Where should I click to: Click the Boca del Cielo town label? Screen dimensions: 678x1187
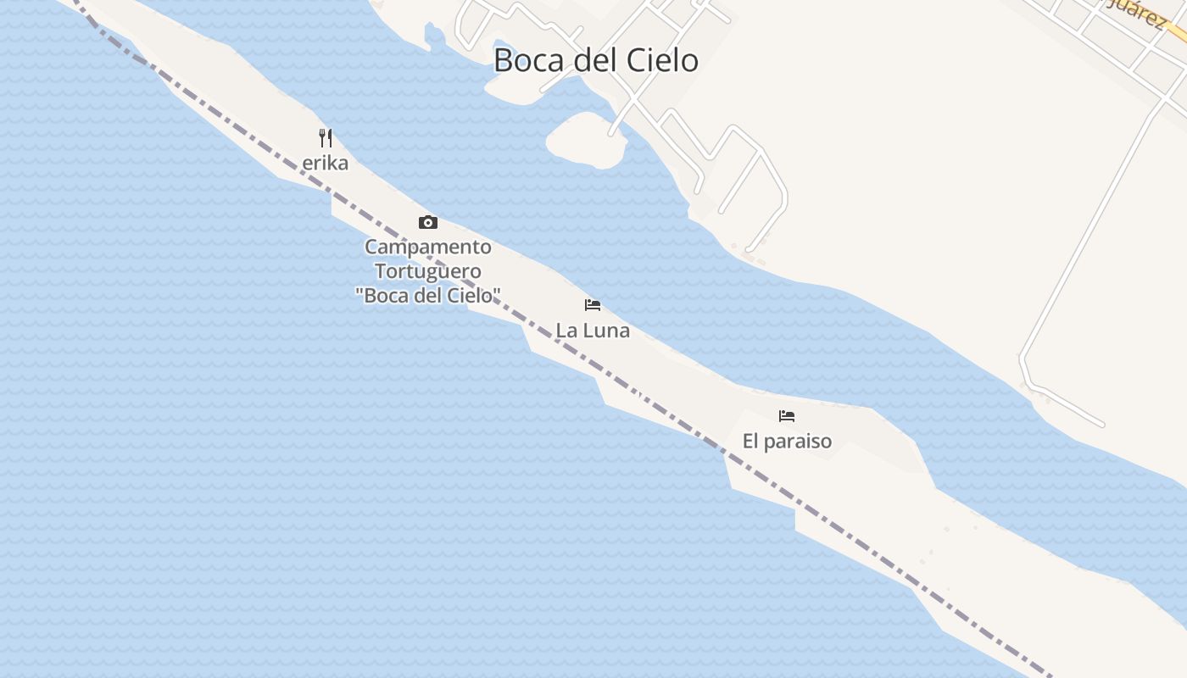596,60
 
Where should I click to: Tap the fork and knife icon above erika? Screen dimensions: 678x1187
326,137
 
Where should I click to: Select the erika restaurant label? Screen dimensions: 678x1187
326,163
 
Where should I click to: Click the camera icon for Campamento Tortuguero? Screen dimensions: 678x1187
428,223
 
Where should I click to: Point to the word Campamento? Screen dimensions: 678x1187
428,247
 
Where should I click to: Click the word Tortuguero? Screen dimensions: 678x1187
428,271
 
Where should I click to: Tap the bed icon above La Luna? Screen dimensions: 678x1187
593,305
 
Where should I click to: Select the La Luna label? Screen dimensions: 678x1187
593,331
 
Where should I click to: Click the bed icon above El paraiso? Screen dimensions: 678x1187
787,416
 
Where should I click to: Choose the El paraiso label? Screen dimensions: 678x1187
787,442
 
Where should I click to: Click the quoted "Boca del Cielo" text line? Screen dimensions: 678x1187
428,295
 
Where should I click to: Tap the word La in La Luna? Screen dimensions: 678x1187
565,331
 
